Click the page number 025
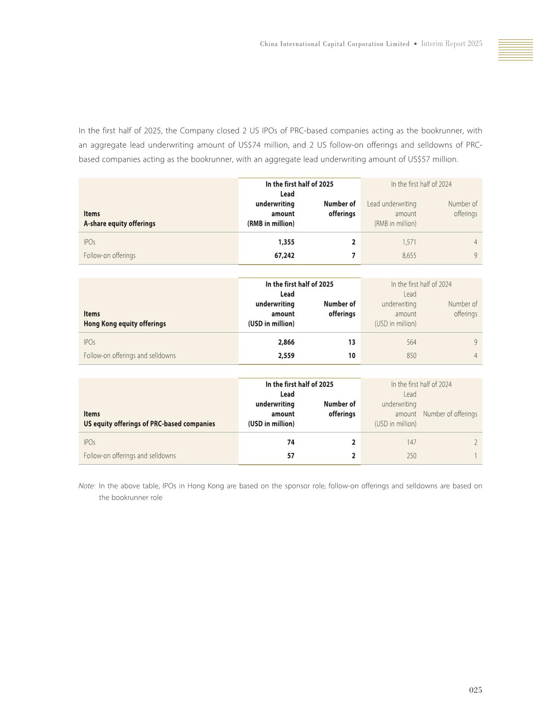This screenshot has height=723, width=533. [x=475, y=690]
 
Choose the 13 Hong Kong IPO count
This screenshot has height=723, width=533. [x=352, y=342]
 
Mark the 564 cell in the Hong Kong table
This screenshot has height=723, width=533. [x=411, y=342]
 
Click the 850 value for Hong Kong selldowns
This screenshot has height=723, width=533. [x=411, y=356]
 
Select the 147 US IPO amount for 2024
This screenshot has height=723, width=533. [x=411, y=442]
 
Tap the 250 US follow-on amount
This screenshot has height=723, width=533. [x=411, y=456]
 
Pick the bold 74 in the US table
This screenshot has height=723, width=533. [x=291, y=442]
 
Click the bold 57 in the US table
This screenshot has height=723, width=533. [x=291, y=456]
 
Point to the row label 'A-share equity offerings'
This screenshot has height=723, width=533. [x=119, y=223]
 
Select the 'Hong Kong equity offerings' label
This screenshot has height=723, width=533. [x=125, y=324]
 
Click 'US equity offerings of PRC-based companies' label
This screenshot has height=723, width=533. [x=149, y=424]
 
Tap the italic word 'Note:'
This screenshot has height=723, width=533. [x=87, y=486]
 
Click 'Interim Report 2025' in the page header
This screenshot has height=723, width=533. [x=451, y=44]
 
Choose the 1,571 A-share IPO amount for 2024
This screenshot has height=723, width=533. [x=408, y=242]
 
